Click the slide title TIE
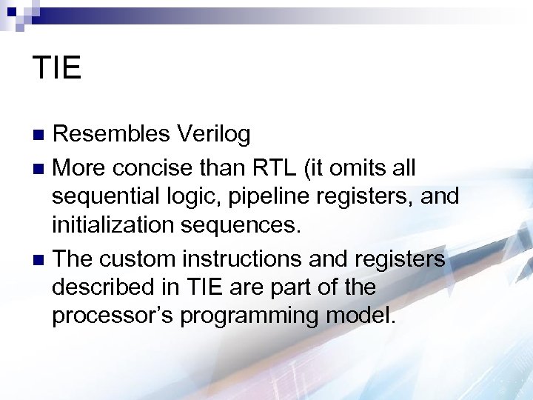[57, 68]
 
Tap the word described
[104, 287]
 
